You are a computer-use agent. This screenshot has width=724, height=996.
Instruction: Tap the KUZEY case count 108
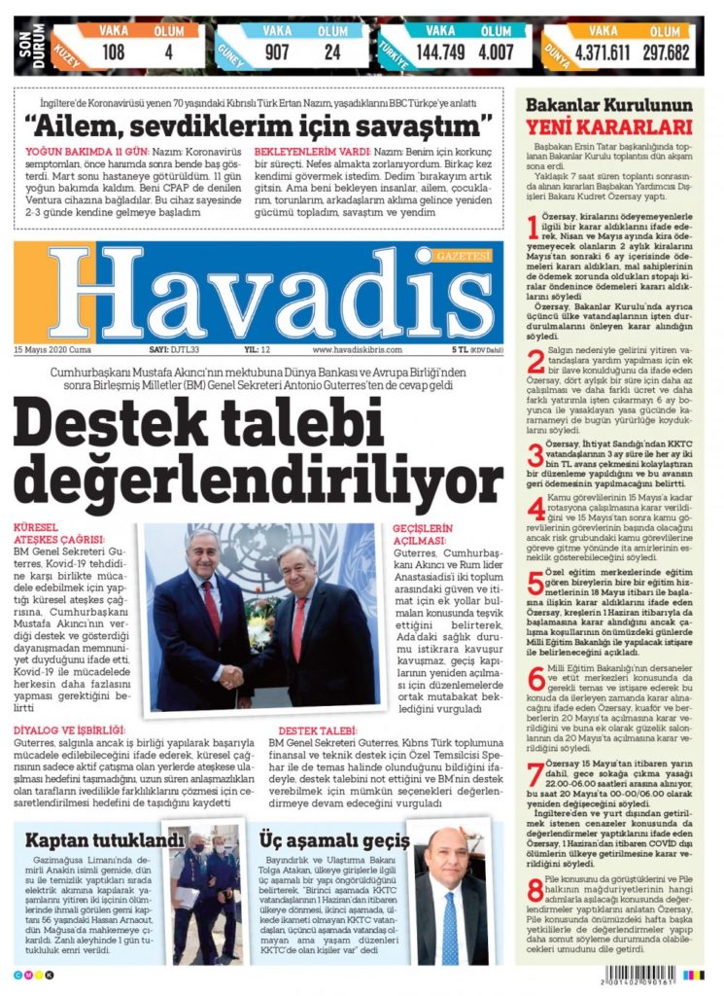[x=113, y=52]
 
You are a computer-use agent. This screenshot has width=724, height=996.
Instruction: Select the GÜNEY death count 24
[x=332, y=52]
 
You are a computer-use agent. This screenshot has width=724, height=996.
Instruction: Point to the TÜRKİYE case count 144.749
[x=441, y=52]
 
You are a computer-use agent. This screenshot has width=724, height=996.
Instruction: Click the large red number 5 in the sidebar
[x=536, y=585]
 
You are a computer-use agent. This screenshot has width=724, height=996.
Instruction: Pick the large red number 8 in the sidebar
[x=536, y=890]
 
